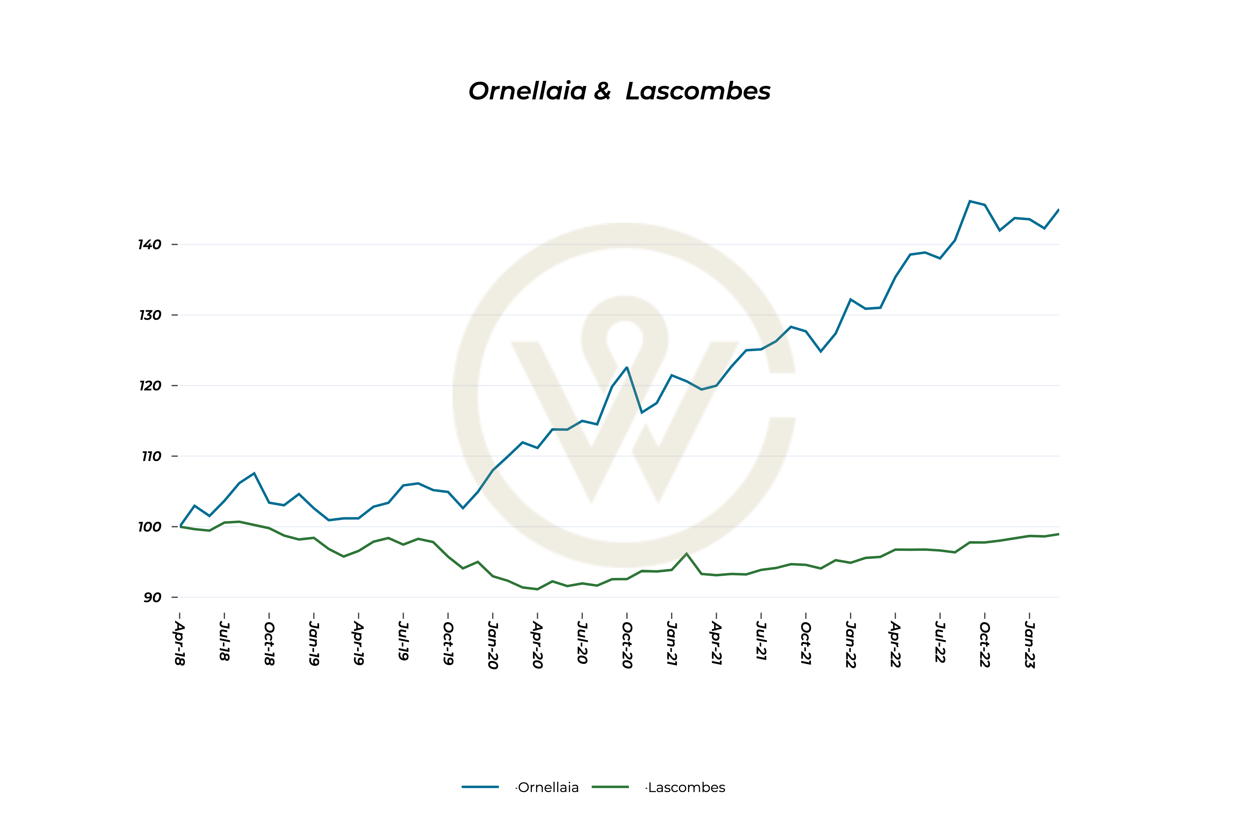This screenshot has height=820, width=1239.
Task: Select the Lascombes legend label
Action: [686, 787]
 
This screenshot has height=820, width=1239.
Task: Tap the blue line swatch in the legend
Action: [480, 787]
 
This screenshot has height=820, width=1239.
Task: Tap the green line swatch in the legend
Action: [610, 787]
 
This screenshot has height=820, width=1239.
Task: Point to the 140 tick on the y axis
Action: [150, 245]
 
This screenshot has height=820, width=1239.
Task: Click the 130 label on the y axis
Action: [150, 315]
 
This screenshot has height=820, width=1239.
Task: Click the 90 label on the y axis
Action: [152, 597]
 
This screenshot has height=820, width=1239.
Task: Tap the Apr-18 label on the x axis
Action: [180, 643]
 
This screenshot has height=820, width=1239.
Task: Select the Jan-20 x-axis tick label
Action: [493, 645]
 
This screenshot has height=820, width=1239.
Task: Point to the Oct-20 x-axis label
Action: [627, 645]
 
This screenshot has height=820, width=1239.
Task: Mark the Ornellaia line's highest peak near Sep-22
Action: [970, 201]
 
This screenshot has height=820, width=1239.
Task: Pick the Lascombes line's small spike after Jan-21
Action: [686, 553]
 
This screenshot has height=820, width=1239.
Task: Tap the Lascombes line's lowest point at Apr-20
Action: [537, 589]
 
